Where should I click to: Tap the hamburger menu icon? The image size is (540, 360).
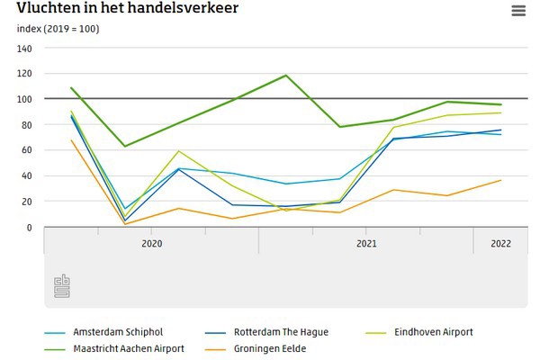[x=517, y=11]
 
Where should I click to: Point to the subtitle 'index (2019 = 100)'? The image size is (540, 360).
[x=58, y=29]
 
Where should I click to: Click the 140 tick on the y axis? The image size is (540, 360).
[x=24, y=48]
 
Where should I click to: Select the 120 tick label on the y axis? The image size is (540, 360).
[x=24, y=73]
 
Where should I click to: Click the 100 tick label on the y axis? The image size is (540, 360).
[x=24, y=99]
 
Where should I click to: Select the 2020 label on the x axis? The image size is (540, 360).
[x=151, y=244]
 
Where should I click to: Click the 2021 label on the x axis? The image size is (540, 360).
[x=366, y=244]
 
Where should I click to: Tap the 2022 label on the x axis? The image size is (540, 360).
[x=501, y=244]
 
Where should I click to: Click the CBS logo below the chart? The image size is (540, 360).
[x=62, y=286]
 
